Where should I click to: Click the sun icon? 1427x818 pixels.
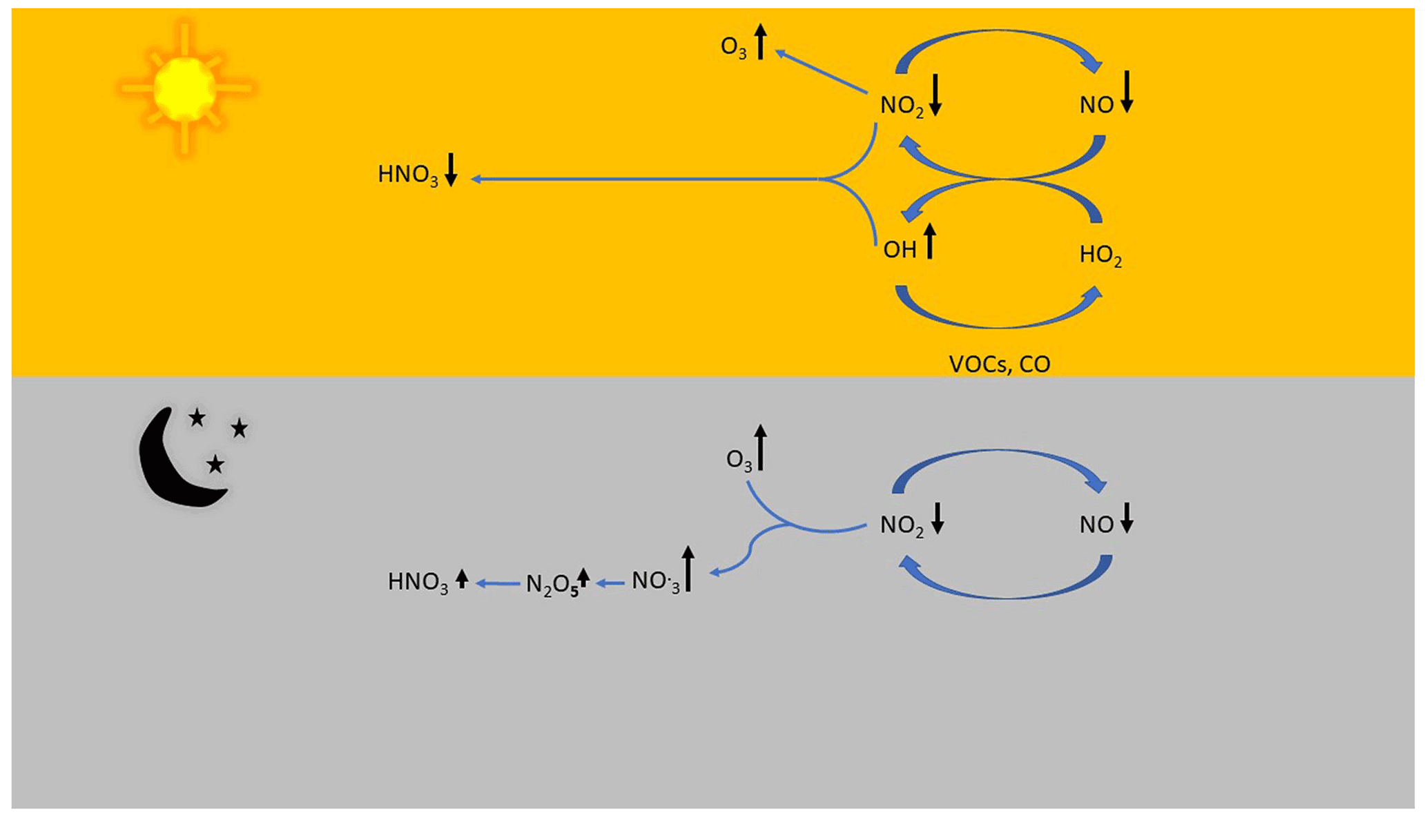click(x=185, y=88)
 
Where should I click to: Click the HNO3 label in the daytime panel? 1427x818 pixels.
click(x=407, y=175)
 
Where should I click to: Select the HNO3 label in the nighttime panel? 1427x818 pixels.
click(x=418, y=582)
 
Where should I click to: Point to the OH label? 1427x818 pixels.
click(x=900, y=250)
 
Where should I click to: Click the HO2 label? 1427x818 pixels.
click(x=1100, y=255)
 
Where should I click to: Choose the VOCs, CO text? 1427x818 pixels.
click(x=999, y=364)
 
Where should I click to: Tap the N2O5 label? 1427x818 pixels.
click(x=552, y=585)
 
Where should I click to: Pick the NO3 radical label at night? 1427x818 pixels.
click(x=655, y=582)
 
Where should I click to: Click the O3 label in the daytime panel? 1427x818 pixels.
click(x=733, y=47)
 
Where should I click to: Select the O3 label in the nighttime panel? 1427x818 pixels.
click(x=739, y=460)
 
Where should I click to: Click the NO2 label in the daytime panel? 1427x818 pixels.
click(x=902, y=106)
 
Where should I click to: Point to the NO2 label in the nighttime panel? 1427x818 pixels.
click(x=902, y=525)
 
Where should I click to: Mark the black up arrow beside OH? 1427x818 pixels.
click(x=930, y=241)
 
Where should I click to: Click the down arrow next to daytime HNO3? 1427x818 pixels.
click(x=451, y=170)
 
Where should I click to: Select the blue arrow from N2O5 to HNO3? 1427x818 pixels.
click(x=498, y=584)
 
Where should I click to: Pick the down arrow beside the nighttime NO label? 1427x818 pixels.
click(x=1126, y=518)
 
